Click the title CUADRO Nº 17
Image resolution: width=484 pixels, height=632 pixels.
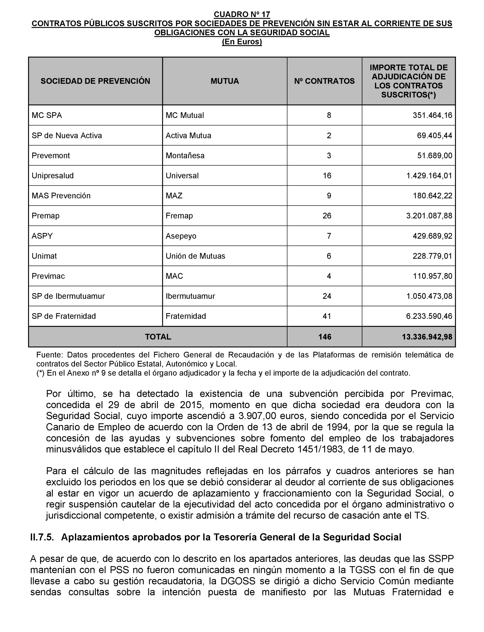point(242,14)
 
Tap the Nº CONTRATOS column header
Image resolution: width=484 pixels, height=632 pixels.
point(324,81)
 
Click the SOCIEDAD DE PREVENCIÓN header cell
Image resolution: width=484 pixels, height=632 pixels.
point(95,81)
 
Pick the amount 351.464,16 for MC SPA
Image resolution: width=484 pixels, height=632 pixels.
point(432,115)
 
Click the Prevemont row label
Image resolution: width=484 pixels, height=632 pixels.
point(51,156)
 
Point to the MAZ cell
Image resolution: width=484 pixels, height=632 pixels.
point(174,196)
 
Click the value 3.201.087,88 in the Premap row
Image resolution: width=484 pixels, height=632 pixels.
point(429,216)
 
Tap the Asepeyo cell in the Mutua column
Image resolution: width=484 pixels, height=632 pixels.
point(181,236)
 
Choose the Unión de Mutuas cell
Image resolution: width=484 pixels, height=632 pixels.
point(195,256)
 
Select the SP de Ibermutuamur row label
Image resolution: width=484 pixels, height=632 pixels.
point(68,296)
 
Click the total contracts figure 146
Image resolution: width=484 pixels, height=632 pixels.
point(325,337)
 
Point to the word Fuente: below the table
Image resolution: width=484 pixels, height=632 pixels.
point(49,355)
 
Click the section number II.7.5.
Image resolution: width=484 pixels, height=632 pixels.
point(42,537)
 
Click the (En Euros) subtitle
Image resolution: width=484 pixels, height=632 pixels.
point(242,42)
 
